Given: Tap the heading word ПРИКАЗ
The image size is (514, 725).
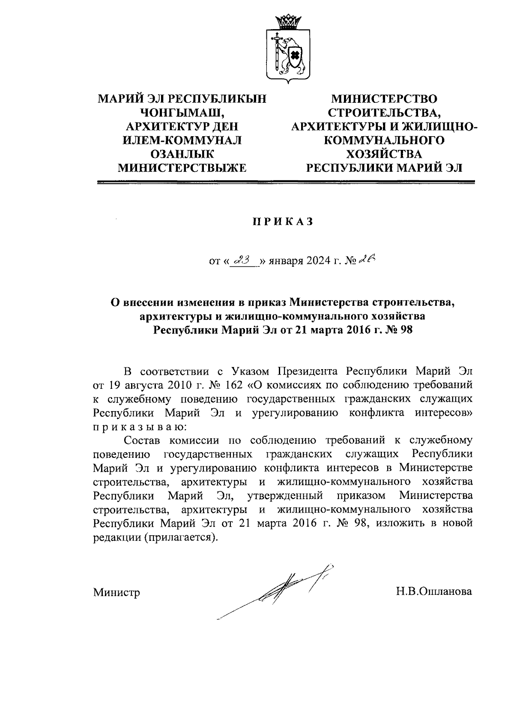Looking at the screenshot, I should click(282, 222).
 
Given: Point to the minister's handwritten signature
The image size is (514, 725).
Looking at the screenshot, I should click(278, 591).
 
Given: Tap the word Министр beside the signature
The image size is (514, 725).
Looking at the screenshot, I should click(117, 592).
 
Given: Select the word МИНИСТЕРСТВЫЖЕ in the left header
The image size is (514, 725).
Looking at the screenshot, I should click(182, 167).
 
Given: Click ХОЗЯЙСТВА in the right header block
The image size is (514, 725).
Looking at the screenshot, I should click(384, 154).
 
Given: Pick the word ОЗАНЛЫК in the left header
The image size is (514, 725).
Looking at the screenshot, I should click(182, 154).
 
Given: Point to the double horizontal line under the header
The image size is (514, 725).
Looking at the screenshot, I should click(286, 183).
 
